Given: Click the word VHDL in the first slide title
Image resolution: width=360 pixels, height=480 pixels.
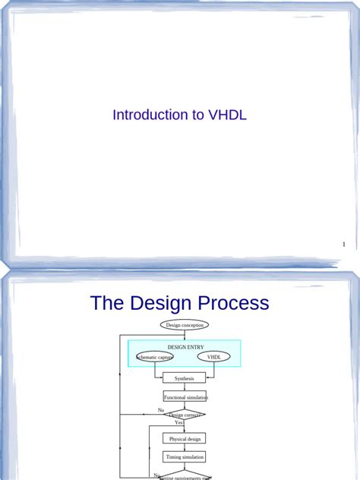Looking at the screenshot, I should tap(226, 115).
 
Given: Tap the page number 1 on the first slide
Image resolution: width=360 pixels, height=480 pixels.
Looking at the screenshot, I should tap(344, 245).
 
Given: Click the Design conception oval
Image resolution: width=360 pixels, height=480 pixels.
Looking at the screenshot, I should tap(184, 325).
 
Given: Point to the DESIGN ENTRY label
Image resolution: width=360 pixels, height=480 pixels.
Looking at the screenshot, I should tap(185, 346).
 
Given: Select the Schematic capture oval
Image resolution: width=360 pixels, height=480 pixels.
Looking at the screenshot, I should tap(155, 357).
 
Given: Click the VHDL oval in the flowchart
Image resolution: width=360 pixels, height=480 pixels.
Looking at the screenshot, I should tap(213, 357).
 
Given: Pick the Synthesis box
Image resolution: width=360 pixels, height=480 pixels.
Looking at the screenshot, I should tap(184, 378).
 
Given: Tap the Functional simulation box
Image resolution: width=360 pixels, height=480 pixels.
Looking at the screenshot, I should tap(185, 396).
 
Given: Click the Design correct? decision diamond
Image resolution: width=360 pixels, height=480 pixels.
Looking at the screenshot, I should tap(185, 415).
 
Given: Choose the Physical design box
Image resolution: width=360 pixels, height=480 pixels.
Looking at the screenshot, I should tap(184, 438).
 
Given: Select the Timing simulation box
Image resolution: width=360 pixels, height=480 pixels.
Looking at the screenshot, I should tap(184, 457).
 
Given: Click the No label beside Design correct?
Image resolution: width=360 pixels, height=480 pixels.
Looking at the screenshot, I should tap(161, 410).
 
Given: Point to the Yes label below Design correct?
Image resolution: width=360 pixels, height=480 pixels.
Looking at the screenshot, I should tap(178, 423).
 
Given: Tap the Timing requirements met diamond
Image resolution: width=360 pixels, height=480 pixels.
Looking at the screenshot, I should tap(185, 477).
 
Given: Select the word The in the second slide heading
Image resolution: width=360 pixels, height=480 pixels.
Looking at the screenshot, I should tap(107, 303).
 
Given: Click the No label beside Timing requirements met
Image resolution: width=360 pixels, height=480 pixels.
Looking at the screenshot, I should tap(157, 475).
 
